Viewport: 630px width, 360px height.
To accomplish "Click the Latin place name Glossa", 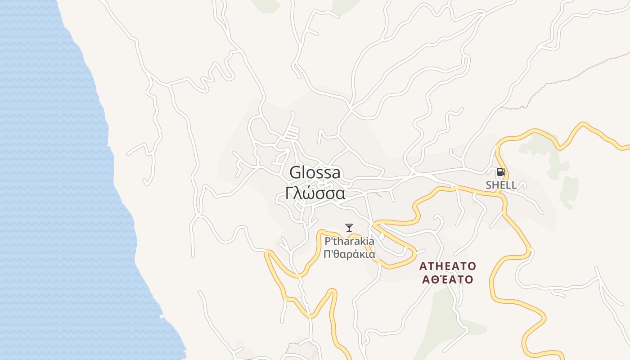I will [x=315, y=173].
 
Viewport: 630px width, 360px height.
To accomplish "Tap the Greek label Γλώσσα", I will [x=315, y=193].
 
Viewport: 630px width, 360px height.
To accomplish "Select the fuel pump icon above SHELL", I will [x=501, y=171].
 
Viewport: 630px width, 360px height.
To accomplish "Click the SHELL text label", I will [x=501, y=185].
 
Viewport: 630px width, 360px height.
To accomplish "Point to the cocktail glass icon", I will [x=349, y=227].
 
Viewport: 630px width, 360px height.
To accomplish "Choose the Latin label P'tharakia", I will [x=349, y=241].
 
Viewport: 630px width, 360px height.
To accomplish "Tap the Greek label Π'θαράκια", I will [x=349, y=254].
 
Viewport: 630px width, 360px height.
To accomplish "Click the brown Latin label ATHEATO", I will [x=447, y=266].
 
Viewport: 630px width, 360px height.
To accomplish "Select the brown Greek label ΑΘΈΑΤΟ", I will [x=447, y=279].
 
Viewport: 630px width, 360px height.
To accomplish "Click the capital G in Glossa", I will [x=295, y=173].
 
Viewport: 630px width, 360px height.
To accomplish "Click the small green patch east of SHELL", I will [x=570, y=191].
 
